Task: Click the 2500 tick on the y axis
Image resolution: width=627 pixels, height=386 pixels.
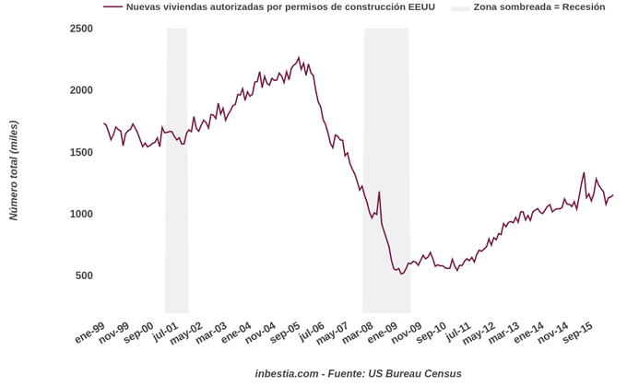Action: point(81,29)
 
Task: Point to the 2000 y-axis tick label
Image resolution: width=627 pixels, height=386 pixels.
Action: point(81,90)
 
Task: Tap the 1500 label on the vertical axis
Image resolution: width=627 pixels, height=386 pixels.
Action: point(81,152)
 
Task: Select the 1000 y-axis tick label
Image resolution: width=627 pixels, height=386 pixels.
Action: point(81,214)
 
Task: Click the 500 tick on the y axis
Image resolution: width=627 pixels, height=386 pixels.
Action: point(84,275)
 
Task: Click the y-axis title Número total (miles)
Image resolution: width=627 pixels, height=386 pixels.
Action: point(14,170)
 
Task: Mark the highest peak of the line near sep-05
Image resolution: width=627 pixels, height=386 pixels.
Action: point(299,57)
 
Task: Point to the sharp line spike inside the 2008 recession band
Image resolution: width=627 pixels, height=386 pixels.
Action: point(379,192)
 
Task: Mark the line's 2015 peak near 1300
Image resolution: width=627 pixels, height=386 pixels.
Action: point(584,172)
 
